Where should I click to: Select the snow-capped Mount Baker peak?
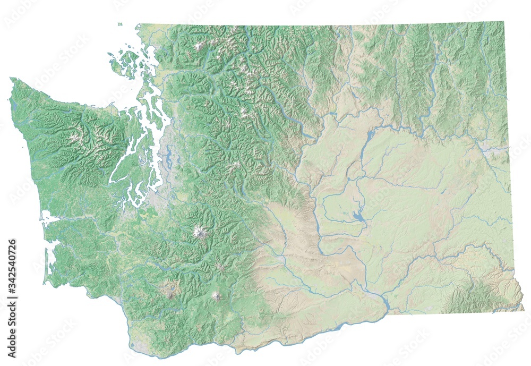coord(199,46)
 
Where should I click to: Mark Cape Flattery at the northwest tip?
coord(11,80)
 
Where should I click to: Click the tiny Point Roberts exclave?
coord(121,24)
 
